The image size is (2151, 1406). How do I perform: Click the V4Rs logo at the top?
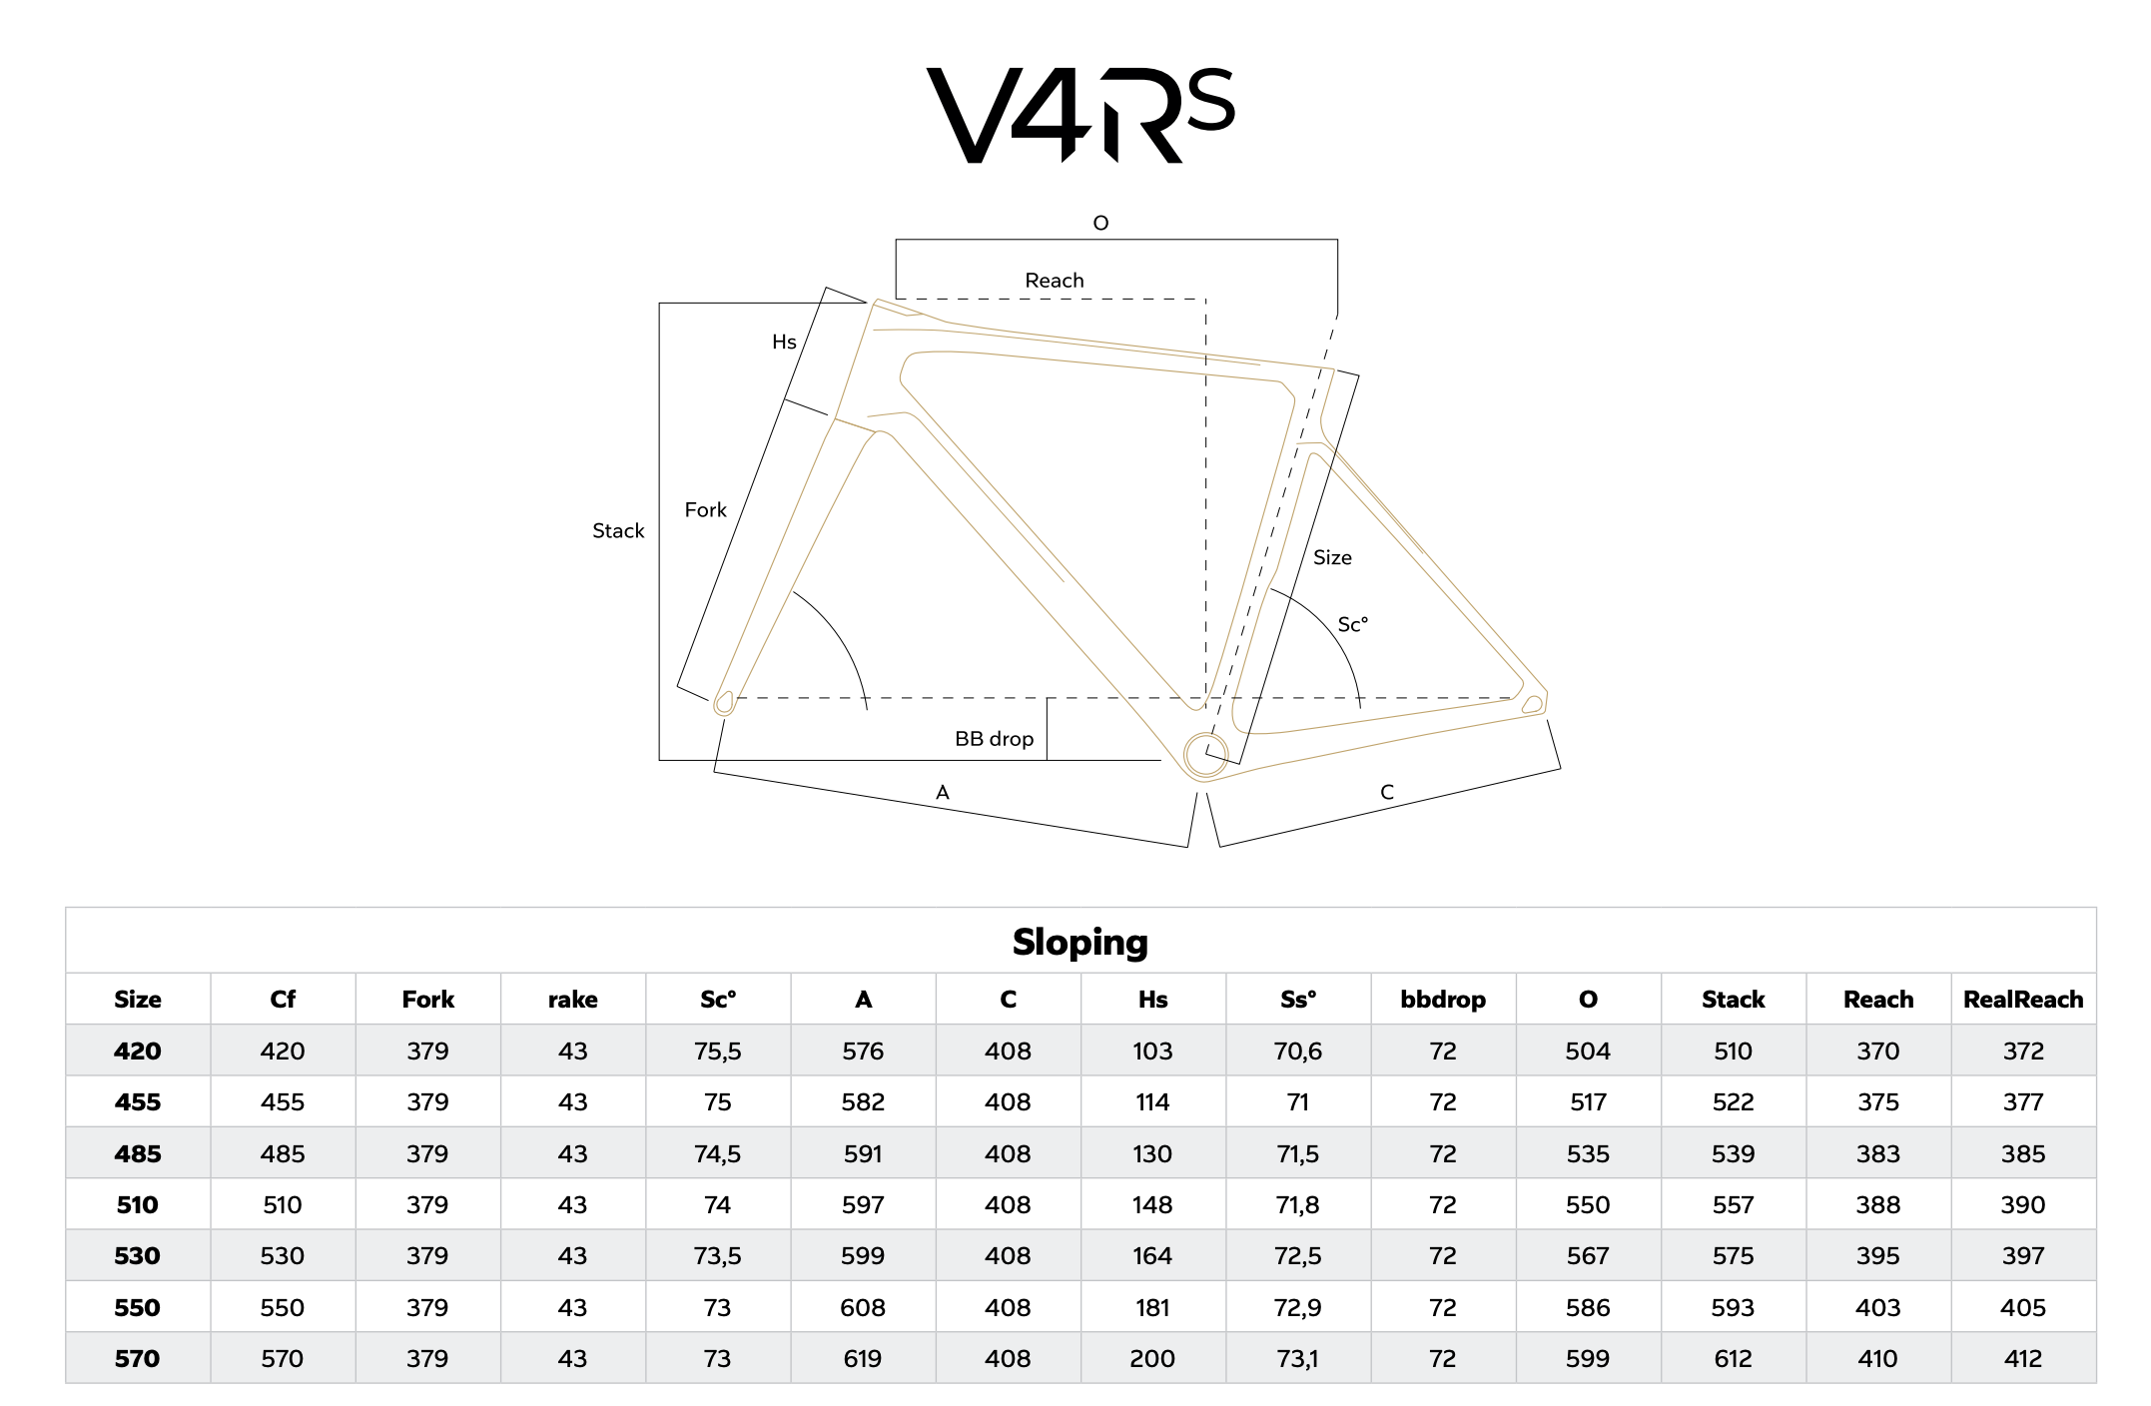1080,115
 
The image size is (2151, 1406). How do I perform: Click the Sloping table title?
1080,942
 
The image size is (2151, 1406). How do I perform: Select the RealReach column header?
2023,1000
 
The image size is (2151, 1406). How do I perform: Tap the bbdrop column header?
1443,1000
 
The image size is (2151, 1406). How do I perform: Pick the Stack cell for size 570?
1733,1359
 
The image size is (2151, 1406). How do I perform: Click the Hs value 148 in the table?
1152,1205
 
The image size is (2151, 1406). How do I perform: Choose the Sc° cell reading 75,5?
718,1052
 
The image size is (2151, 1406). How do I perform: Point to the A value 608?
863,1308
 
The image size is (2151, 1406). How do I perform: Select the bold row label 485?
138,1154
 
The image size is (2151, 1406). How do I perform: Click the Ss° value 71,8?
1298,1205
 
